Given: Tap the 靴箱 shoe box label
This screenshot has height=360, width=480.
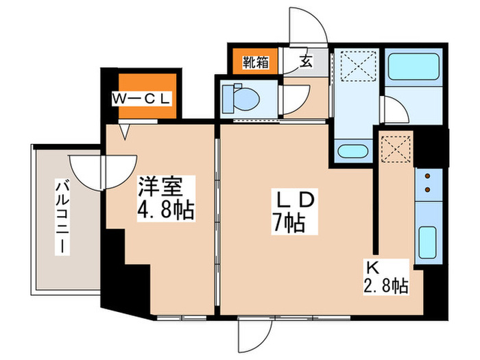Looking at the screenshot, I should tap(254, 62).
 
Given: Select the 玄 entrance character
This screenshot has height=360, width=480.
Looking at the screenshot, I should tap(305, 62).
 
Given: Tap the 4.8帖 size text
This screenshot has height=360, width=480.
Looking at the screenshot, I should tap(166, 208).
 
